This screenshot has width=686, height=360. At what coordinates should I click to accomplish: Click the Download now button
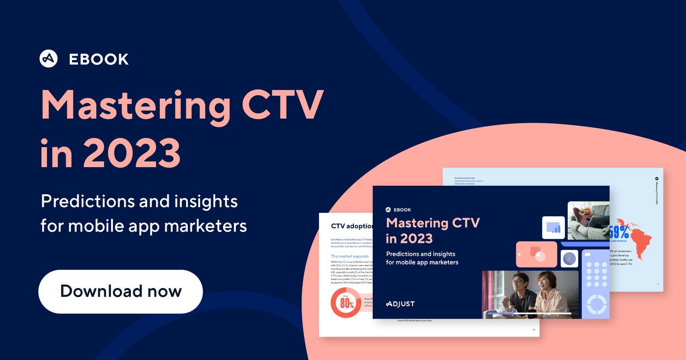point(121,291)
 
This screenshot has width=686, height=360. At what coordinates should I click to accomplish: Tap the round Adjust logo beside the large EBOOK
point(49,59)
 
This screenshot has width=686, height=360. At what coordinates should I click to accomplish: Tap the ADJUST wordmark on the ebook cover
point(400,303)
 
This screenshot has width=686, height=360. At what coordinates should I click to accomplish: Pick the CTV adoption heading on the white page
point(352,226)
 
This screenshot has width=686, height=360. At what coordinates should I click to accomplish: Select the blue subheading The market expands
point(350,256)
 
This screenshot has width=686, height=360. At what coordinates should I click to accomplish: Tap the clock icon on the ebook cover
point(569,259)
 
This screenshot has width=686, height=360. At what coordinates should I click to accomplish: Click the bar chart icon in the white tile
point(553,227)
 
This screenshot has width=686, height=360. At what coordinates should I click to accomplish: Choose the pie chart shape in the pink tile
point(540,256)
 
